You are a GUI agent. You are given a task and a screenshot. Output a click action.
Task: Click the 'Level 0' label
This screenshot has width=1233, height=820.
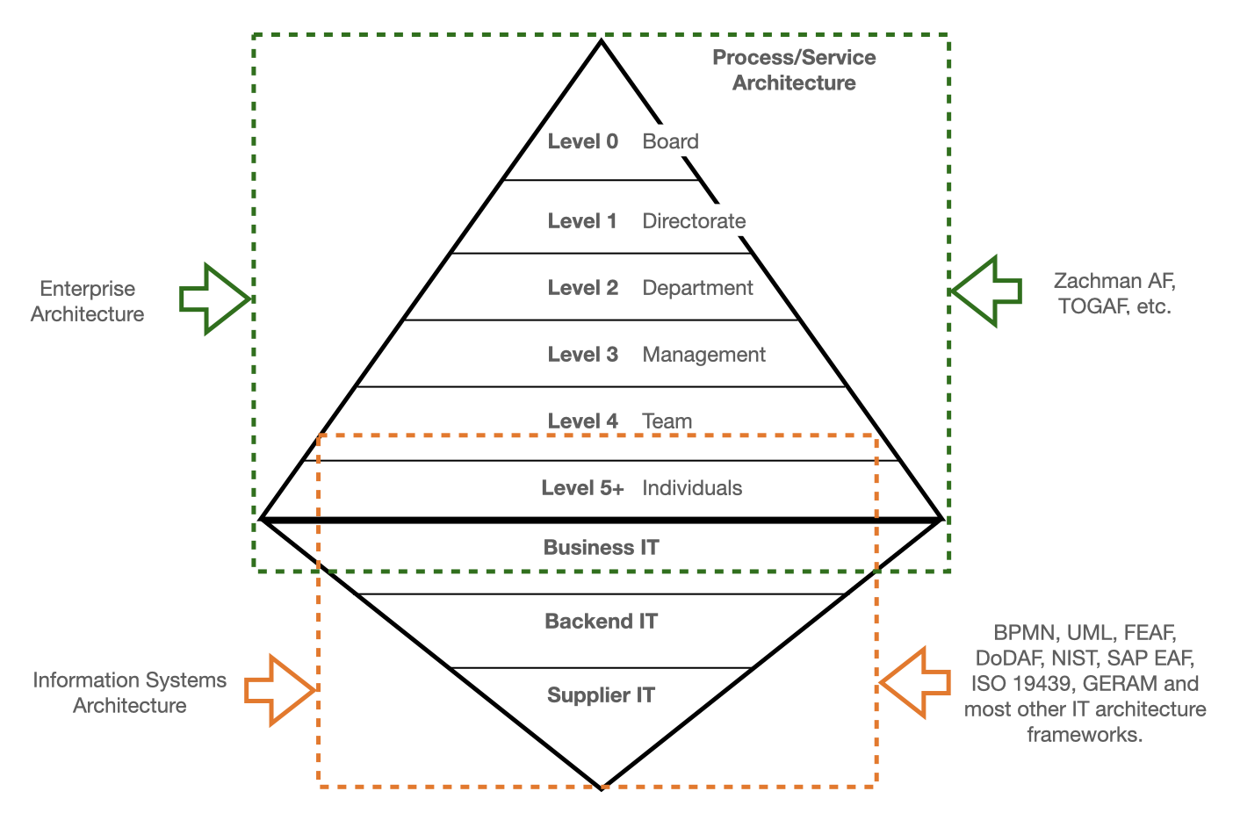click(582, 141)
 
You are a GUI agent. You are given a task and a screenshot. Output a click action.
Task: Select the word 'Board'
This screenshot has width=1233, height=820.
click(670, 141)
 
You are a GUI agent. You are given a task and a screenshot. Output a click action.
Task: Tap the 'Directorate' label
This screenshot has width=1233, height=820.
click(694, 221)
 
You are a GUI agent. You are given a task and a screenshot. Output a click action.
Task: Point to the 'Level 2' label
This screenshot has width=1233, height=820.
click(582, 288)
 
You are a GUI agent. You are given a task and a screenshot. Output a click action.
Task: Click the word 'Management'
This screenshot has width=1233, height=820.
click(703, 355)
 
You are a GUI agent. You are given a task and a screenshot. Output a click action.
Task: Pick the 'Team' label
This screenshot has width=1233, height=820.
click(667, 421)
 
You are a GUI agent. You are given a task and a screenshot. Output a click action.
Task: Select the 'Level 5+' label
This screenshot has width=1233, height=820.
click(582, 488)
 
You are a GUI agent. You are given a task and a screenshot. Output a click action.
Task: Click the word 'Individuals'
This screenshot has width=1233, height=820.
click(692, 488)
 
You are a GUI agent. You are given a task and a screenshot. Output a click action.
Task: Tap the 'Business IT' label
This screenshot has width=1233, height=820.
click(601, 548)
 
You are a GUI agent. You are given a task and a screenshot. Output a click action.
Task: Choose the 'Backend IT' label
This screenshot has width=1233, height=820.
click(601, 622)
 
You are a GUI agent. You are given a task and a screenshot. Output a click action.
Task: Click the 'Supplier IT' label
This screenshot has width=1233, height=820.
click(601, 695)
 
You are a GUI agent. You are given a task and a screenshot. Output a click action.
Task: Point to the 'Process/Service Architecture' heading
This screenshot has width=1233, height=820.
click(794, 70)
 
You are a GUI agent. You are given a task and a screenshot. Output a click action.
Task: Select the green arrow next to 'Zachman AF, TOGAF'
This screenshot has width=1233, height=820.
click(987, 291)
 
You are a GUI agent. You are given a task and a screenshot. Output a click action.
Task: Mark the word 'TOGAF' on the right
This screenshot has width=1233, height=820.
click(1090, 306)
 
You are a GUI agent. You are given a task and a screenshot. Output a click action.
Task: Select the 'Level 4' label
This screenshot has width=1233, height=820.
click(582, 421)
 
